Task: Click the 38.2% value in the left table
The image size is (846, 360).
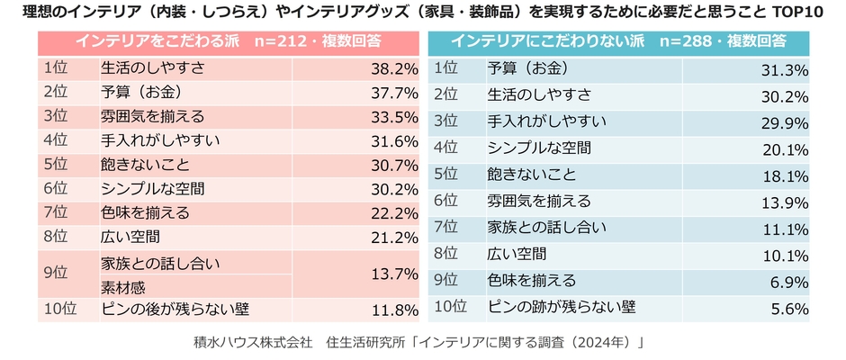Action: (394, 67)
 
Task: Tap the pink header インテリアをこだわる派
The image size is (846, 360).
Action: (229, 41)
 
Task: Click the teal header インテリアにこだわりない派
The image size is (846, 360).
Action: (619, 41)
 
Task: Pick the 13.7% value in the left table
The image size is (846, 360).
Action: (394, 274)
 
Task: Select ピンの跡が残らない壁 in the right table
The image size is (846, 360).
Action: (562, 306)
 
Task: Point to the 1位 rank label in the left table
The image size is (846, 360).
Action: (55, 67)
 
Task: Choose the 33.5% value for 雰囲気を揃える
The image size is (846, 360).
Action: (394, 116)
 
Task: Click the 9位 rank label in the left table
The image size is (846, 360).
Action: (55, 274)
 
